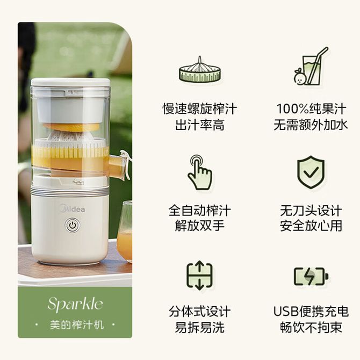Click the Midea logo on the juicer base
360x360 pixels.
point(72,208)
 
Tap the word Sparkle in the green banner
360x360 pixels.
point(75,304)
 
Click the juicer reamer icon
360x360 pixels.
point(200,69)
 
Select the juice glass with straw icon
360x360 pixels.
point(311,66)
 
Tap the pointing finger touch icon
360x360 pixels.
point(199,172)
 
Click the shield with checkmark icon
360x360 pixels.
point(311,172)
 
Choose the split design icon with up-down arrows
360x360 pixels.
point(199,275)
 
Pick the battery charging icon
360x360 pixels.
point(311,276)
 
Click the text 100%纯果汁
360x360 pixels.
point(311,109)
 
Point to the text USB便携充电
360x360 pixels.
point(311,312)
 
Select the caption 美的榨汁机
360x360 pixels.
point(77,325)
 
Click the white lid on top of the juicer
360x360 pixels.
point(70,82)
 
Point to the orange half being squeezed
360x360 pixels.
point(71,127)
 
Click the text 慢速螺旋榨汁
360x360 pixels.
point(200,109)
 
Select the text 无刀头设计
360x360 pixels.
point(311,211)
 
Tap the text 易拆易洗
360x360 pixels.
point(200,327)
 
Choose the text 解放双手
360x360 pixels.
point(200,226)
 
